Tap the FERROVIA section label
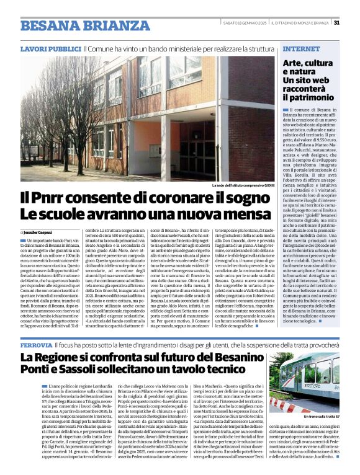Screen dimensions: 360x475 pos(36,344)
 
